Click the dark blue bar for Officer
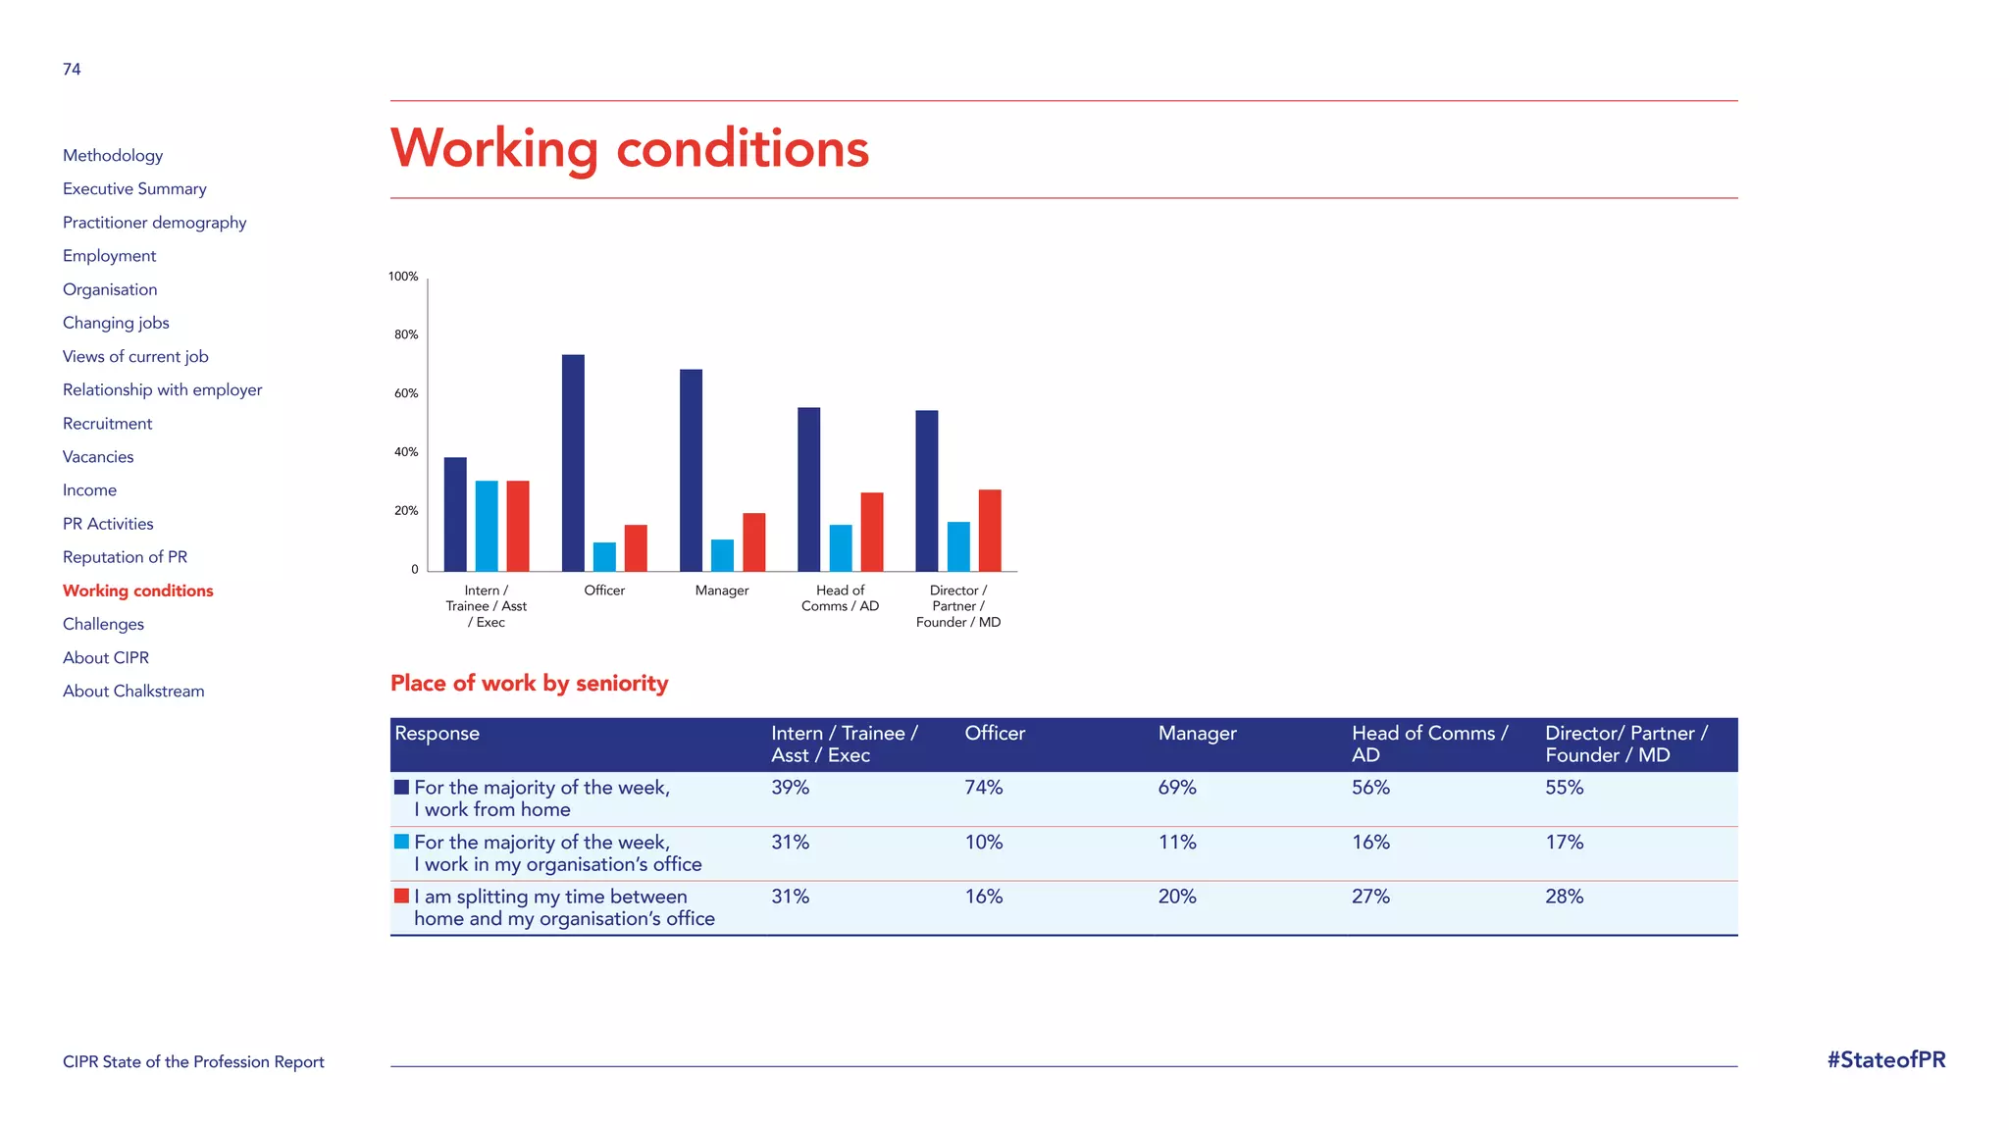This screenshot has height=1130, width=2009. click(x=573, y=463)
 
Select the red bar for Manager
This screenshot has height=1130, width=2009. click(x=753, y=541)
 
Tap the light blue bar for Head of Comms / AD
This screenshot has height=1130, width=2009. click(x=841, y=547)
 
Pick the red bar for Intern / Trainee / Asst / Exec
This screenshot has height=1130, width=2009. click(x=518, y=526)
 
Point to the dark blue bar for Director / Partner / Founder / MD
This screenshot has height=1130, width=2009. click(x=926, y=490)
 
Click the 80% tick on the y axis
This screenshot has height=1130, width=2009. click(x=406, y=334)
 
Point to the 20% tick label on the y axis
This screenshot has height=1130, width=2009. click(x=406, y=511)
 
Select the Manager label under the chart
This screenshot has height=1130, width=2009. click(x=722, y=591)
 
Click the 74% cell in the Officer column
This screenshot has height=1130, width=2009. click(x=983, y=788)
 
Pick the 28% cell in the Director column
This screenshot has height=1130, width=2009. click(x=1564, y=897)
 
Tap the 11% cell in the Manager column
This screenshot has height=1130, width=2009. click(x=1177, y=843)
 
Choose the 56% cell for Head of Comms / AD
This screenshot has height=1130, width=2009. click(x=1370, y=788)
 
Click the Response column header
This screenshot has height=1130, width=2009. click(x=437, y=734)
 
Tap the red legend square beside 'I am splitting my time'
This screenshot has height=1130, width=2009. click(x=401, y=896)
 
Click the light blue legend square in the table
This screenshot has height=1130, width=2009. click(x=401, y=842)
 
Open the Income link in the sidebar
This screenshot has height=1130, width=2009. click(x=89, y=490)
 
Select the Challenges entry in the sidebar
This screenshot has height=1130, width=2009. click(x=103, y=624)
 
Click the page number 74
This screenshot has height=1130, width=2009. click(x=72, y=70)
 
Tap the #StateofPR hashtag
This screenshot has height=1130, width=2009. click(x=1885, y=1060)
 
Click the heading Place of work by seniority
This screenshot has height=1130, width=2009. click(x=529, y=684)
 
